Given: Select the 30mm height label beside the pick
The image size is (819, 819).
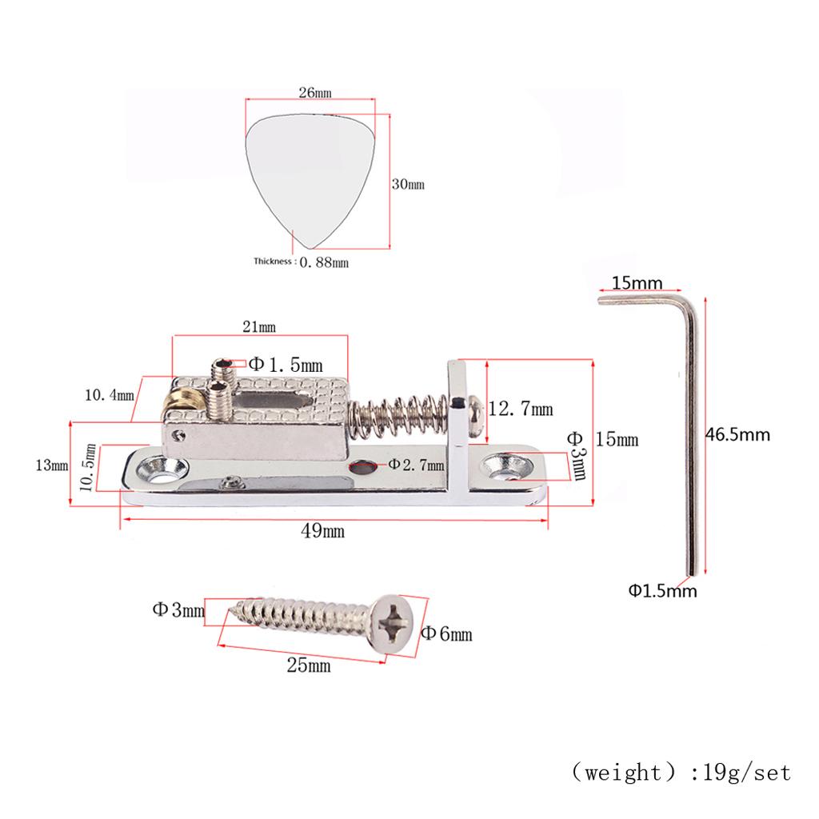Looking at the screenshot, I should [407, 184].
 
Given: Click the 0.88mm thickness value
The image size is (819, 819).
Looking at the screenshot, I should [324, 262].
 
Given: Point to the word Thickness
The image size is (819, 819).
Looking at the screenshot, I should [274, 262].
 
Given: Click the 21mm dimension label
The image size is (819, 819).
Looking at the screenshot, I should [259, 326].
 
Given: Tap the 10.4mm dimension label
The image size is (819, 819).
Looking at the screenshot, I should [110, 394].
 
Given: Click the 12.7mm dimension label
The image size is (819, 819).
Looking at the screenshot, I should [520, 409].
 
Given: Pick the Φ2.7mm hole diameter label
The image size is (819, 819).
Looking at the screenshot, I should [416, 464].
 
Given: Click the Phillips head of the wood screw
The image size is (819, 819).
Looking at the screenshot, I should [397, 624].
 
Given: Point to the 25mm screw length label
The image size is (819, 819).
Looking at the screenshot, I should [308, 665].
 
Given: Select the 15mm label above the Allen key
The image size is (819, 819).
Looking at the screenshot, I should [637, 282].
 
